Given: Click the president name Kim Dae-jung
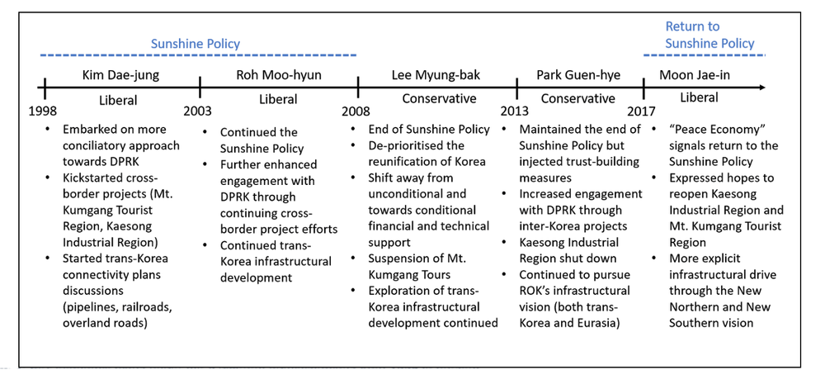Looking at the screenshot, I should (x=120, y=76).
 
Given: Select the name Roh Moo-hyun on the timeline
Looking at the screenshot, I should (x=278, y=76).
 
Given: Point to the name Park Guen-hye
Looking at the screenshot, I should (x=577, y=76).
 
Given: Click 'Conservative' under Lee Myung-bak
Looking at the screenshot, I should (x=439, y=99).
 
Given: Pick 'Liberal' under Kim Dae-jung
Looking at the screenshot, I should (x=115, y=101).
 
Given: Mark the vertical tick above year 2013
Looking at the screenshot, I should (x=516, y=87).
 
